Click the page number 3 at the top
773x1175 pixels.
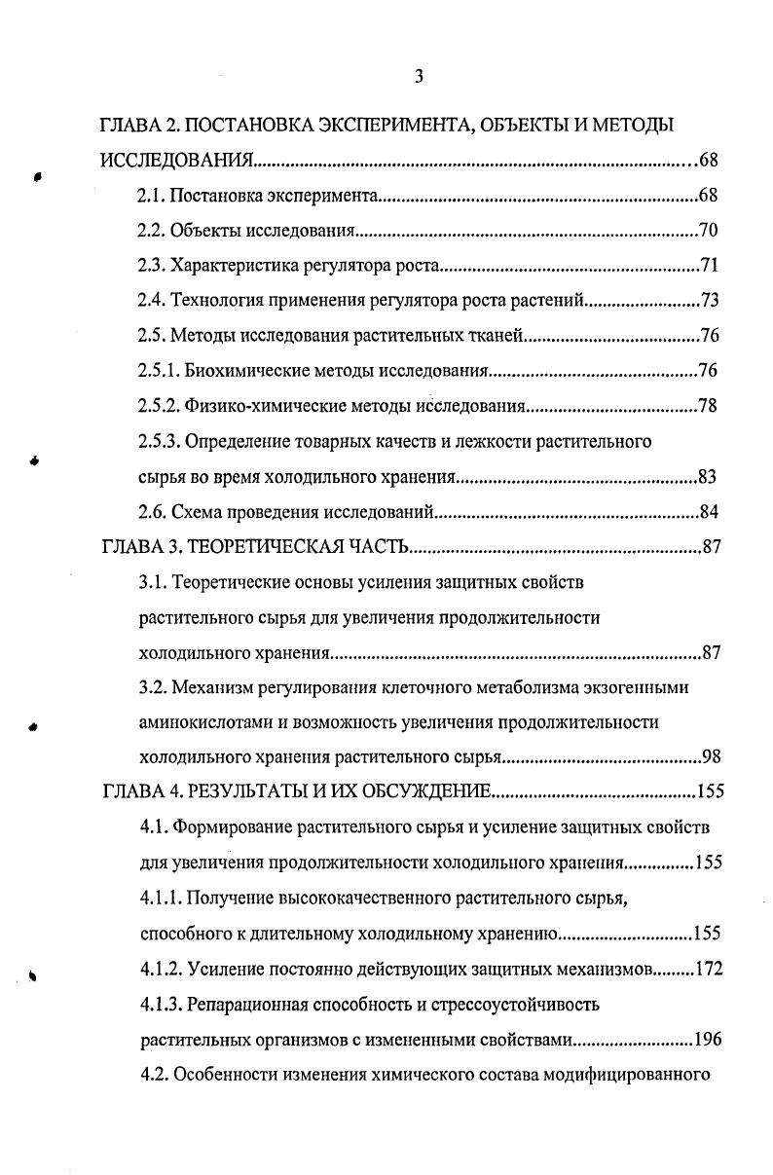418,77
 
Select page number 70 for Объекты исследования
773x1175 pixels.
708,231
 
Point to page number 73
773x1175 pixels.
708,301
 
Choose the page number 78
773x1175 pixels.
708,406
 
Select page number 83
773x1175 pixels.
708,477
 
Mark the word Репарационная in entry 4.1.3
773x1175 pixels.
244,1004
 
